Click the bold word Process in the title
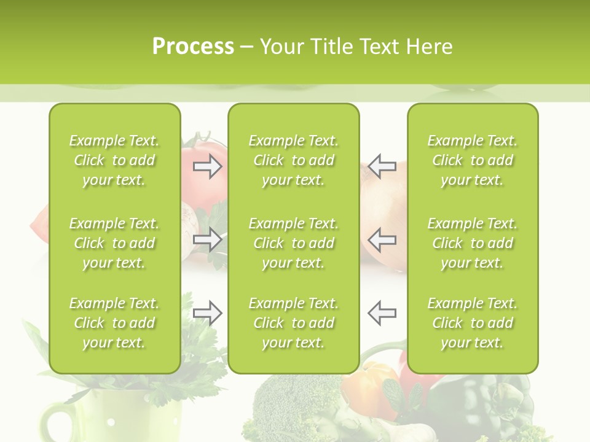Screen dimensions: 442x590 (193, 47)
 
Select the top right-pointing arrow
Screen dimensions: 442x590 (207, 166)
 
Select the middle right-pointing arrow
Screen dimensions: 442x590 (207, 239)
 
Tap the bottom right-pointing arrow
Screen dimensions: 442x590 (207, 313)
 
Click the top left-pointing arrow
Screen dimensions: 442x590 (382, 166)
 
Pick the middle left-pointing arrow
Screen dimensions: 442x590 (382, 239)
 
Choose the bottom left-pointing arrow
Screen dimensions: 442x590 (382, 313)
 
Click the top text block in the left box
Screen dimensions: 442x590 (114, 160)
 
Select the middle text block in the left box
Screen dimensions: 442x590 (114, 243)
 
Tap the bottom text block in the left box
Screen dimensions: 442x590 (114, 323)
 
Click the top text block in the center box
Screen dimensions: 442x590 (294, 160)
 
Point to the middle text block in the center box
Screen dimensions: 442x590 (294, 243)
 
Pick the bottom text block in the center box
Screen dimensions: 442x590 (294, 323)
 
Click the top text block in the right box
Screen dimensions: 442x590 (473, 160)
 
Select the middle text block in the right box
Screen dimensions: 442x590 (473, 243)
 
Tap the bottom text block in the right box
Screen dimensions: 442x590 (473, 323)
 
